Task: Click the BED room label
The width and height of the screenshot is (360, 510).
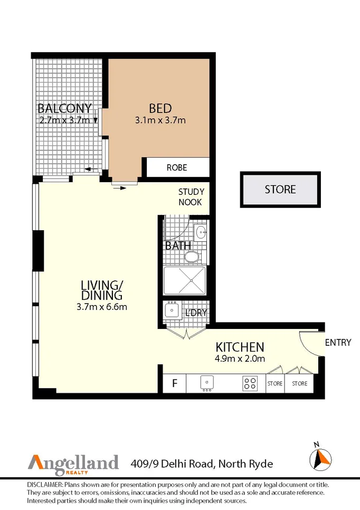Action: point(160,108)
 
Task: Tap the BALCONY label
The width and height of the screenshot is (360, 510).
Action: point(64,108)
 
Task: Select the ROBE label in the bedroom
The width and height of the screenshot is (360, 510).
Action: point(177,168)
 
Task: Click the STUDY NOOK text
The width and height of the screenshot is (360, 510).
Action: point(191,197)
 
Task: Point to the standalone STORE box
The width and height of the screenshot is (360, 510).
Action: point(280,190)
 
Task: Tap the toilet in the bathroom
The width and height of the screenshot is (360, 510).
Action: point(192,257)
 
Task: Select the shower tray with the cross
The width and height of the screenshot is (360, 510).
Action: point(184,280)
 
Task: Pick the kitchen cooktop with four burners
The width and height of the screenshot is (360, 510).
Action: point(250,383)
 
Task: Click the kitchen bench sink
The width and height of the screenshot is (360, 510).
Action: point(207,383)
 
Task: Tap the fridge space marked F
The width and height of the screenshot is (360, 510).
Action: point(175,384)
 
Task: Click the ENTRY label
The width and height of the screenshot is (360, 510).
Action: point(338,343)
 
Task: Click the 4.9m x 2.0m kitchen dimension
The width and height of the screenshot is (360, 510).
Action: point(240,359)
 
